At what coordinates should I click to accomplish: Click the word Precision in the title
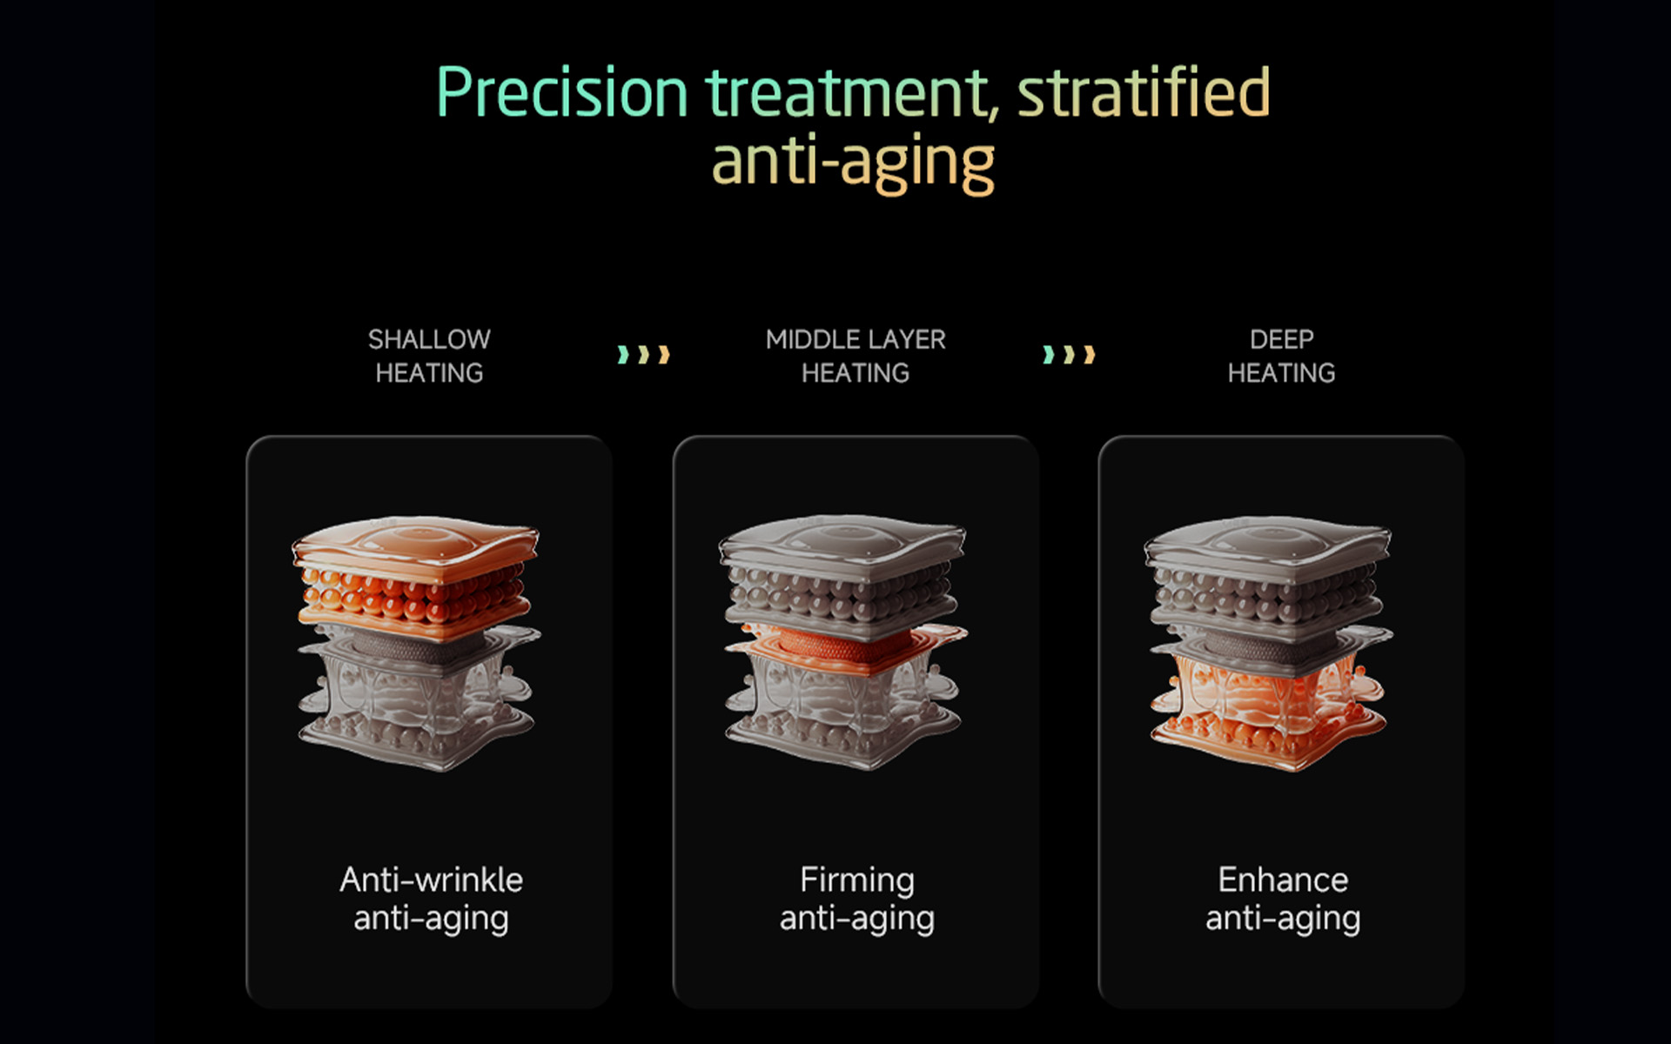[562, 92]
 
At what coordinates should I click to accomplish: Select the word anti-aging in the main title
[853, 164]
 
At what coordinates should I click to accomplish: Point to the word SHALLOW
[429, 339]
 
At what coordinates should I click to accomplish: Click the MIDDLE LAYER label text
[856, 339]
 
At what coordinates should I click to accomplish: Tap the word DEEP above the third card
[1281, 339]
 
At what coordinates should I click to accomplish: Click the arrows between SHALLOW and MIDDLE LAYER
[643, 355]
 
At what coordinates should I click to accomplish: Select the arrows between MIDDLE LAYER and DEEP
[1069, 355]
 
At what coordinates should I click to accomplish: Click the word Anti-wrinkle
[431, 880]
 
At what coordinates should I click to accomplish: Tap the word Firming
[857, 880]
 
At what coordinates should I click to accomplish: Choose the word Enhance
[1283, 880]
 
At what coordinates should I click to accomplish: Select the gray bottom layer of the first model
[416, 705]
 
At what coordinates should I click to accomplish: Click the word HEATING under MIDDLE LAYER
[856, 373]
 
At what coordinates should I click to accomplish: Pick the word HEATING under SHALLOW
[429, 373]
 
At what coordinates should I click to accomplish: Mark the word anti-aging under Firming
[857, 920]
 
